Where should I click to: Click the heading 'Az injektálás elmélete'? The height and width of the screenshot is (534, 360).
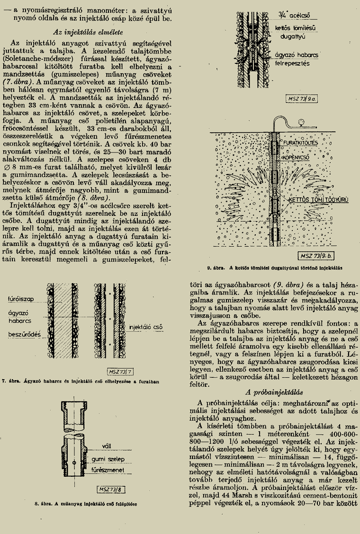tap(90, 32)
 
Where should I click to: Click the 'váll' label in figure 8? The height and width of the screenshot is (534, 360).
tap(107, 445)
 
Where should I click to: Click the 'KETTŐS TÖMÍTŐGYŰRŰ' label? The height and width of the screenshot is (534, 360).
tap(319, 200)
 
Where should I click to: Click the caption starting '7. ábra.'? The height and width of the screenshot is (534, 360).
tap(80, 381)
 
